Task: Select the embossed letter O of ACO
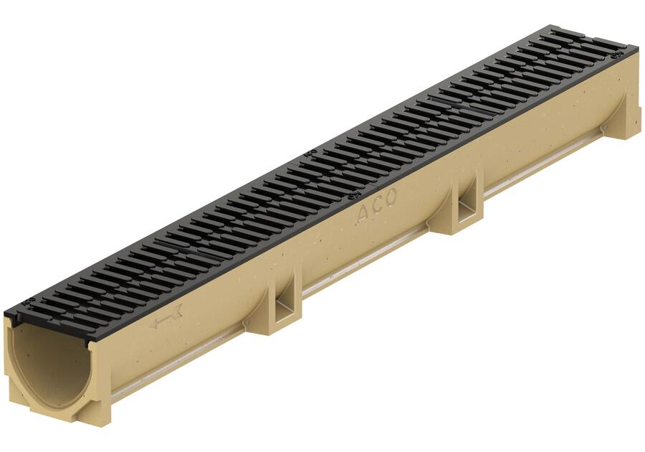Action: (390, 197)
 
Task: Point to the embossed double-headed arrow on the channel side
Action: (166, 316)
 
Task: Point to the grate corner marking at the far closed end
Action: (616, 55)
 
